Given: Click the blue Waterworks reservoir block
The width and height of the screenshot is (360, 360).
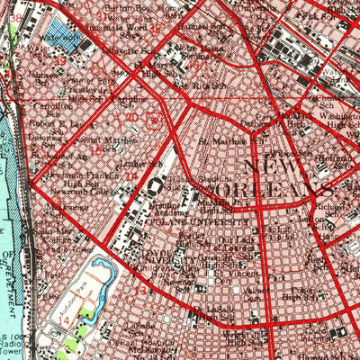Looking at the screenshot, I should [63, 37].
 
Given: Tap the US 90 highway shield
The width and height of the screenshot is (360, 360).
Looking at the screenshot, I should [154, 118].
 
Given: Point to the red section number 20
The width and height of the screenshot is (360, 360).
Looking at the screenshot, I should [132, 117].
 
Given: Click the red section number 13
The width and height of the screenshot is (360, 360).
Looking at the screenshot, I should [139, 292].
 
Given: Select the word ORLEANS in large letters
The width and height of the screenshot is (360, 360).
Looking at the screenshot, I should [270, 193].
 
